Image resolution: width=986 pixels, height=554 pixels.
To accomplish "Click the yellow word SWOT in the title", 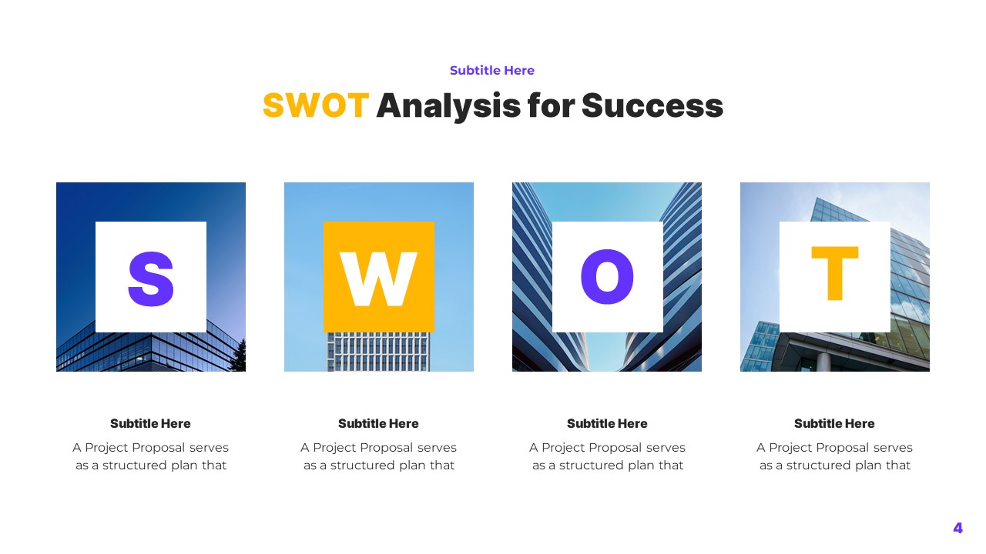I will coord(315,105).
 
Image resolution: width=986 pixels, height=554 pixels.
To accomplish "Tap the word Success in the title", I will coord(652,105).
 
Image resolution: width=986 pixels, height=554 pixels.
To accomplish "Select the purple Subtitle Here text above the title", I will coord(492,71).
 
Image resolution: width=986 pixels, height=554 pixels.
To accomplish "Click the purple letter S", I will coord(151,279).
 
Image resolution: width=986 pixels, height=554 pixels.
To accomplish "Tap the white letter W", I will coord(378,279).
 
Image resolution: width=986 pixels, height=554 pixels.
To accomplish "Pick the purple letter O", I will coord(607,277).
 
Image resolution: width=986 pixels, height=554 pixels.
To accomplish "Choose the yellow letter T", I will coord(834,274).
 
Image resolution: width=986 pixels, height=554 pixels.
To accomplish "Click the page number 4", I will coord(957,528).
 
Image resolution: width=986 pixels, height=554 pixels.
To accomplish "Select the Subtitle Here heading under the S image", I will coord(150,423).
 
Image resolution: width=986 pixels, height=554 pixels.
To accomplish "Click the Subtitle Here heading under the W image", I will coord(378,423).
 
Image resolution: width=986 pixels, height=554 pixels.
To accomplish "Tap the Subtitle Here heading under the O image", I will coord(607,423).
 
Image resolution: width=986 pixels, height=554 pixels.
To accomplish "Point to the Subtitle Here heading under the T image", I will coord(834,423).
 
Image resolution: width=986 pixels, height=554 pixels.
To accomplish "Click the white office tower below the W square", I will coord(378,352).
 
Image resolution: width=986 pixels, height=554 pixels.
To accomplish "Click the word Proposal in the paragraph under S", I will coord(157,447).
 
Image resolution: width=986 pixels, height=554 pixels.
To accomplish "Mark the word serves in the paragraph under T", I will coord(891,447).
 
